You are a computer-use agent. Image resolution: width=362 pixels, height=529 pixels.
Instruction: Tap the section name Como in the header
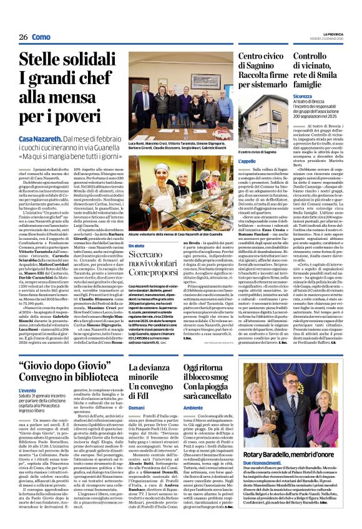click(41, 37)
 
